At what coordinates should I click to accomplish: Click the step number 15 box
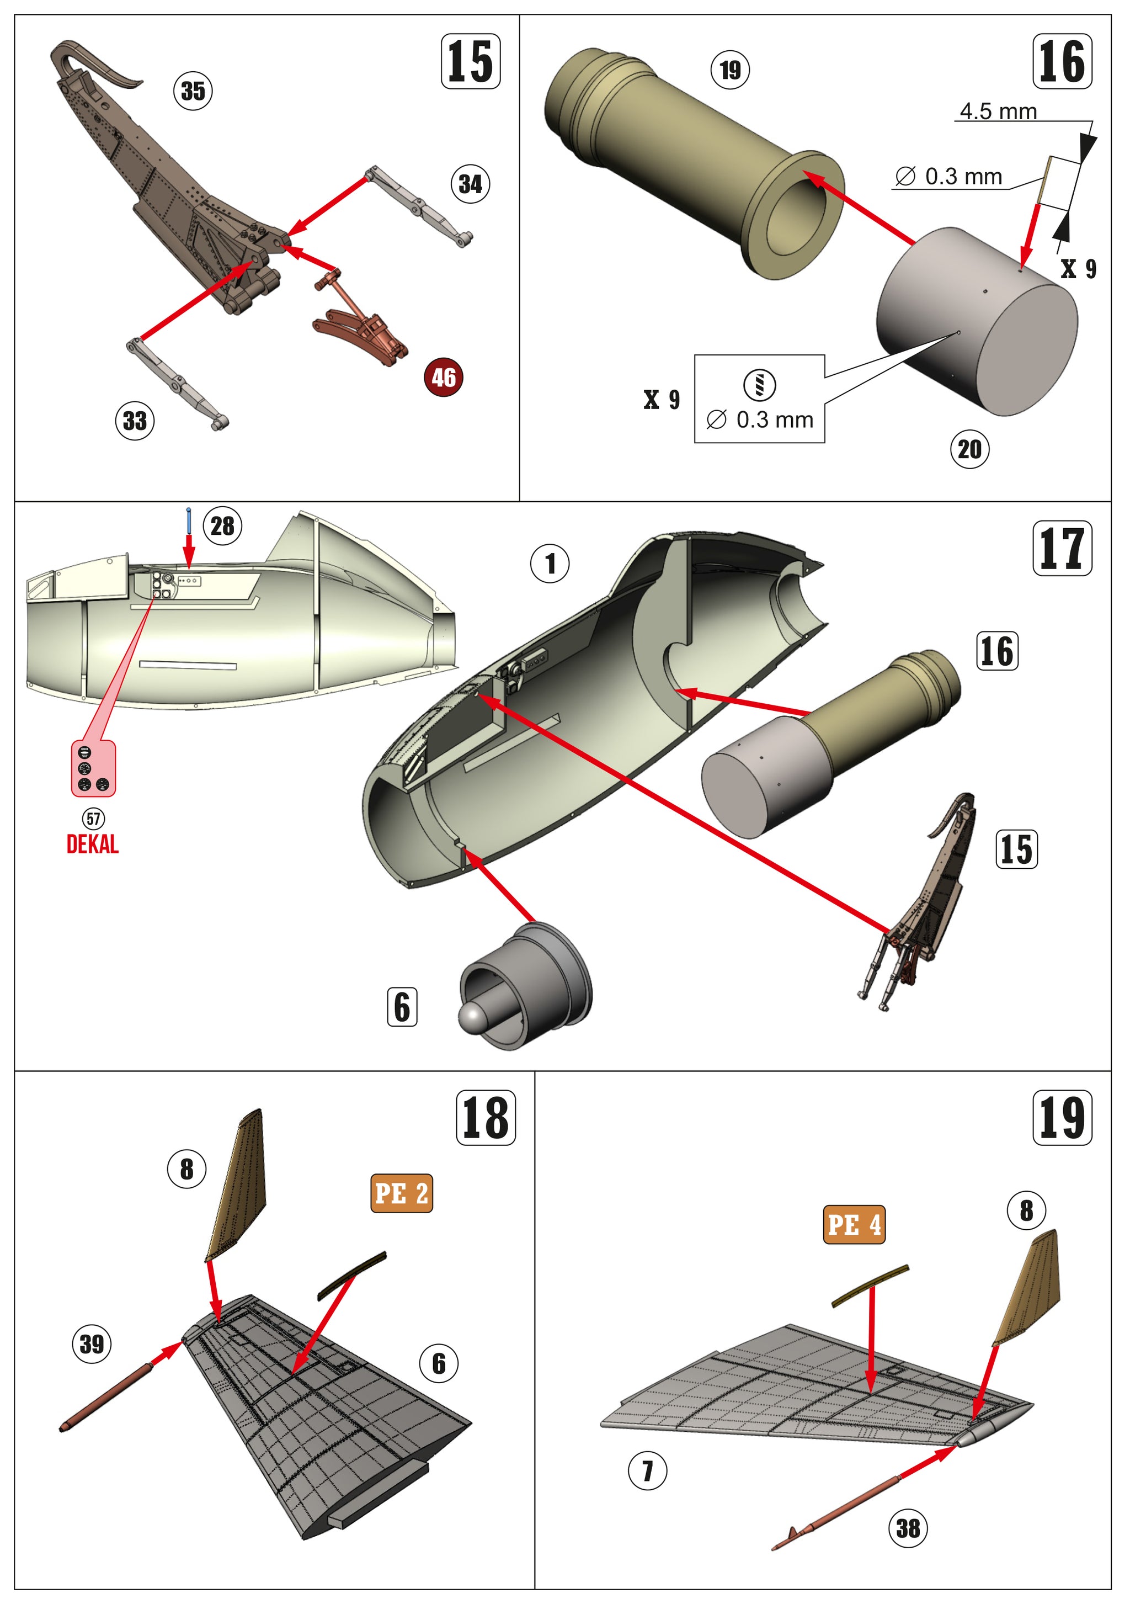point(470,61)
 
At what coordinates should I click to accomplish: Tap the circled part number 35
point(193,91)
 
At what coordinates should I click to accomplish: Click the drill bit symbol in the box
point(759,384)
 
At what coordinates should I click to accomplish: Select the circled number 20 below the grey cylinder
point(969,449)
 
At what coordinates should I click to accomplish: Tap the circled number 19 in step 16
point(730,70)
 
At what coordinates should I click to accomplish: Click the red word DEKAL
point(92,845)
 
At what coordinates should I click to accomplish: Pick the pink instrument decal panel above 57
point(94,768)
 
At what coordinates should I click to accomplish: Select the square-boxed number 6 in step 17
point(402,1007)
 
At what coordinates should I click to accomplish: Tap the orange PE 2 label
point(401,1193)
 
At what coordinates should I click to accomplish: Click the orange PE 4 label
point(854,1225)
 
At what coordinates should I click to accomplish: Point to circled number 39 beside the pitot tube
point(92,1344)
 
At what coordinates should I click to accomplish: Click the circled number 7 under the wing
point(647,1470)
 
